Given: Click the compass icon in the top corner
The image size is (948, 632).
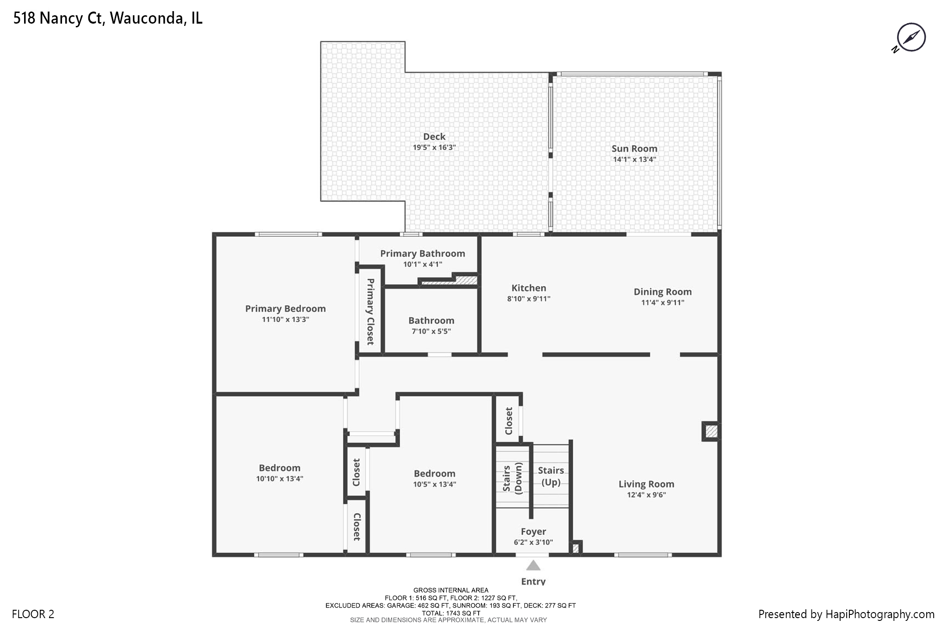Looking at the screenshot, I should click(911, 37).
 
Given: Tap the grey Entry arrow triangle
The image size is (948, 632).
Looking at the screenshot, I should click(533, 565).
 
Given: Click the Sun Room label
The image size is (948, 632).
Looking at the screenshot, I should click(634, 149).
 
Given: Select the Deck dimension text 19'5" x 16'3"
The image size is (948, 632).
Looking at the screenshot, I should click(434, 148).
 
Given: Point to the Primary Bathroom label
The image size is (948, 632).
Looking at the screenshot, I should click(422, 253).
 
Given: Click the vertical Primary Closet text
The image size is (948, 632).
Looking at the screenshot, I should click(370, 311).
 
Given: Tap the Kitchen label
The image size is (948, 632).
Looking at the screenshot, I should click(529, 288).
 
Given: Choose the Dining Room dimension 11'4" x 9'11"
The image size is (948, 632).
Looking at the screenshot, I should click(662, 303).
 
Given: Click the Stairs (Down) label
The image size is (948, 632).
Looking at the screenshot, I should click(512, 478).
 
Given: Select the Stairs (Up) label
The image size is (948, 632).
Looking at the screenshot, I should click(551, 476).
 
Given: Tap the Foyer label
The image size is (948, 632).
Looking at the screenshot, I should click(533, 532).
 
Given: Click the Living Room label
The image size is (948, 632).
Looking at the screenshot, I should click(646, 484).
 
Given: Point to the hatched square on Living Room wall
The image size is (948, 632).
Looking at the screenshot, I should click(711, 432).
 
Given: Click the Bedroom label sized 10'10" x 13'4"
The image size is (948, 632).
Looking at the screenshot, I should click(280, 468).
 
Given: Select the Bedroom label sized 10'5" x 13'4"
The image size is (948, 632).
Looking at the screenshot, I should click(434, 474).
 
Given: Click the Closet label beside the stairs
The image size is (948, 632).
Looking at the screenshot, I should click(509, 421).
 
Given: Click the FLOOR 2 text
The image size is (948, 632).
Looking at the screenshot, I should click(33, 614).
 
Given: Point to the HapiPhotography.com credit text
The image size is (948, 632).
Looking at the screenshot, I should click(846, 614).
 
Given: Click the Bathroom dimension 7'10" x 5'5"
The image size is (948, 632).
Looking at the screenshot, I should click(431, 332).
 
